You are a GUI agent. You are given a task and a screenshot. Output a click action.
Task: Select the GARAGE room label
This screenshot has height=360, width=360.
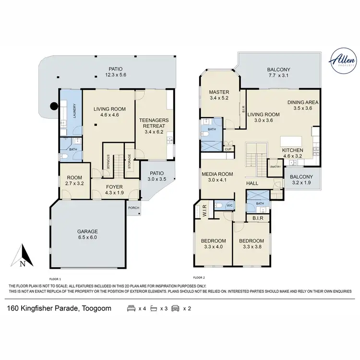pos(87,230)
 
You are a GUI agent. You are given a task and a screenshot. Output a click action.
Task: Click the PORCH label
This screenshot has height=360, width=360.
pos(133,208)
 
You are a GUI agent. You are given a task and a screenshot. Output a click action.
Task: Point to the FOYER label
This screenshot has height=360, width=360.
pos(114,188)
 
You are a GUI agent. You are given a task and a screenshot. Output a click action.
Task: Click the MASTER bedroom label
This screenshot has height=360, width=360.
pos(219,92)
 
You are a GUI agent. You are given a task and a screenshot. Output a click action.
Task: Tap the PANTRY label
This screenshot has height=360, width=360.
pos(275,167)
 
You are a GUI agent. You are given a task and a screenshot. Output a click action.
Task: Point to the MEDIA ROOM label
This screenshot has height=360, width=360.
pos(217,174)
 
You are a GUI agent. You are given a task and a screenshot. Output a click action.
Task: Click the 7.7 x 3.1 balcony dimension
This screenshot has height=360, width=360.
pos(278,76)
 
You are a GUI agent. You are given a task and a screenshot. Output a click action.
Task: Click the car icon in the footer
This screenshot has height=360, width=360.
pos(175,308)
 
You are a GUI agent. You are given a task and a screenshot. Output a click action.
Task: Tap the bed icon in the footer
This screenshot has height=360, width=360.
pos(131,308)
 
